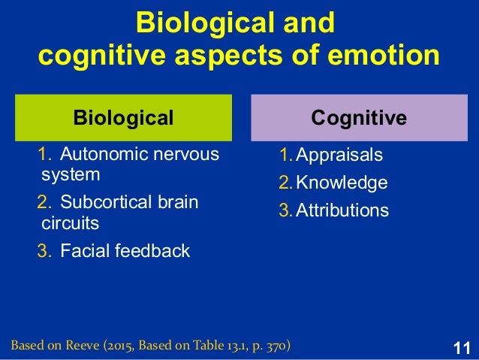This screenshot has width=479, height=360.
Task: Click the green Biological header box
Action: click(123, 117)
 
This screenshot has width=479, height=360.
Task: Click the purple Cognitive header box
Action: click(359, 117)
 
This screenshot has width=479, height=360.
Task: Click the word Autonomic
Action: click(98, 156)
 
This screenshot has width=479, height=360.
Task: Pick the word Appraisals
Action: click(339, 156)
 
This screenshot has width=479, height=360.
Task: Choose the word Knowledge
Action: click(342, 183)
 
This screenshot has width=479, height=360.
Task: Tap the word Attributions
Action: click(342, 210)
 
